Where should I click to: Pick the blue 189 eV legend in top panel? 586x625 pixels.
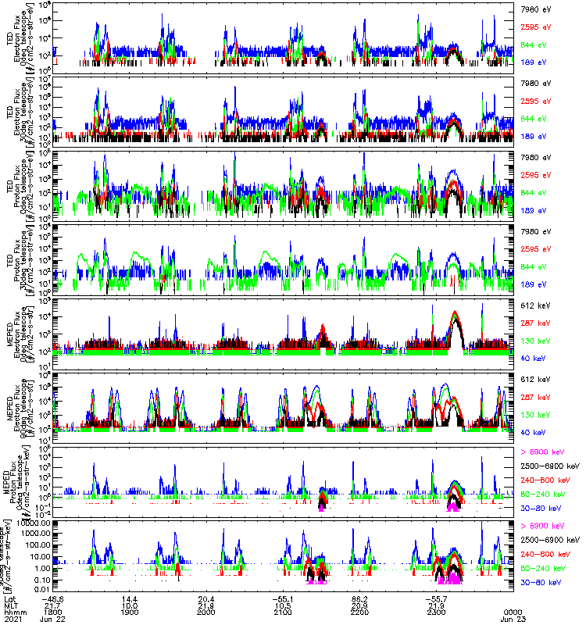tap(533, 61)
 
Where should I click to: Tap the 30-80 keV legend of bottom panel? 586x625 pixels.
tap(541, 582)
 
